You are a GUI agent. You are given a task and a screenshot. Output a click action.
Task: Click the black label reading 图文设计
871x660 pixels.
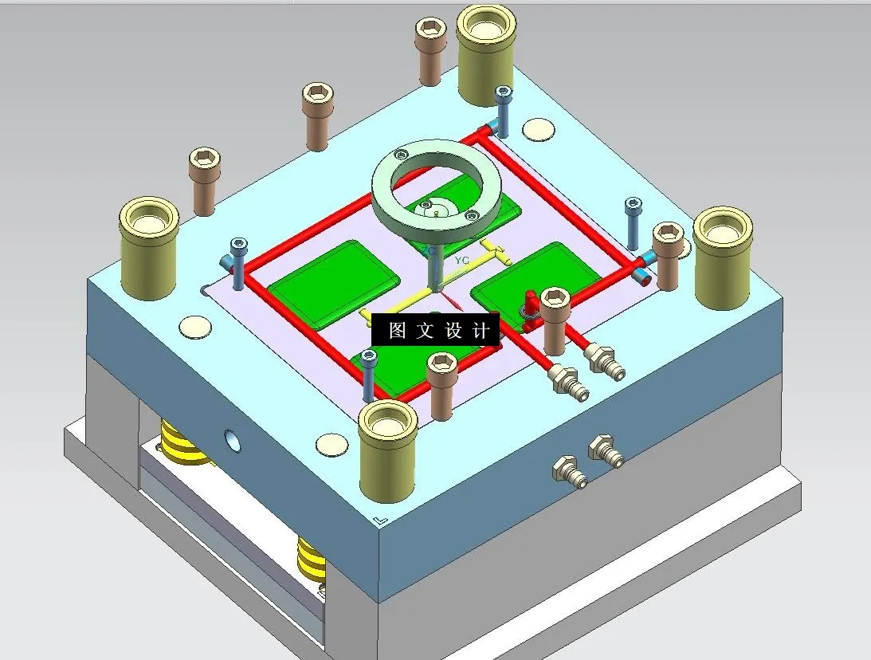coord(436,330)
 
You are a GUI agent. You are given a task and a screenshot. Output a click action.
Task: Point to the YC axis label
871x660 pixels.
coord(461,261)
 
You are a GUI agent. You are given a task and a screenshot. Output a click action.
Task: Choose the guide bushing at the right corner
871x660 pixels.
coord(723,256)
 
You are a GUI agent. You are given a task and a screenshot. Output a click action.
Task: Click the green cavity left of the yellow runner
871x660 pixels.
coord(333,283)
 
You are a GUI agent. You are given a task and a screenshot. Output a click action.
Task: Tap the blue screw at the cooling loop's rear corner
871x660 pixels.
coord(503,108)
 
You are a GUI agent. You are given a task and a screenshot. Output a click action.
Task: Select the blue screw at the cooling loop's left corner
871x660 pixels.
coord(237,255)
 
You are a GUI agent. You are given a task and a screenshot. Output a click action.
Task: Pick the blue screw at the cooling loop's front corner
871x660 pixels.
coord(368,375)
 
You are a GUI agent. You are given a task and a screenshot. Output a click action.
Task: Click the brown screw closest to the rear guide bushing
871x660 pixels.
coord(430,49)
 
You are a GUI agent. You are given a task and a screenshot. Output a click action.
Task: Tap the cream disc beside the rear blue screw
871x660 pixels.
coord(539,129)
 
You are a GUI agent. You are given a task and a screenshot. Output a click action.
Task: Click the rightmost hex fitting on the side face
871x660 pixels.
coord(605,451)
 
